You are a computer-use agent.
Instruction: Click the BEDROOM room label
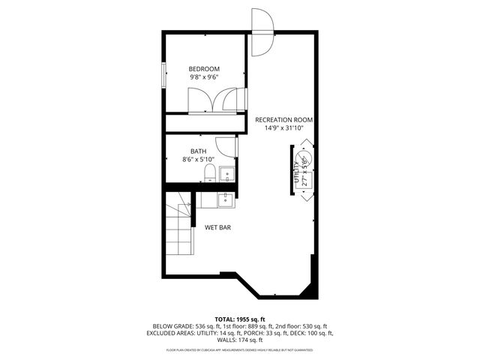204,69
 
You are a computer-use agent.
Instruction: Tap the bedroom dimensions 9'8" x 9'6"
204,77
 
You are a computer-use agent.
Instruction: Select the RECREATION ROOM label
283,120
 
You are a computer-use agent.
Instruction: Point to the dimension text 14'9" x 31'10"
283,128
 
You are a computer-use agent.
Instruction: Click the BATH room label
198,151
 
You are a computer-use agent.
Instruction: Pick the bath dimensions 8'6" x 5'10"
198,160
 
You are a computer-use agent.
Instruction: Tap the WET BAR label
217,227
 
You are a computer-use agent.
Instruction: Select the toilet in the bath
210,175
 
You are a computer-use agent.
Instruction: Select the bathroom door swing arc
226,147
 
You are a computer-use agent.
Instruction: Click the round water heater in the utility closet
305,160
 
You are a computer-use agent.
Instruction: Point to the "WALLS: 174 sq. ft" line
240,341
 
